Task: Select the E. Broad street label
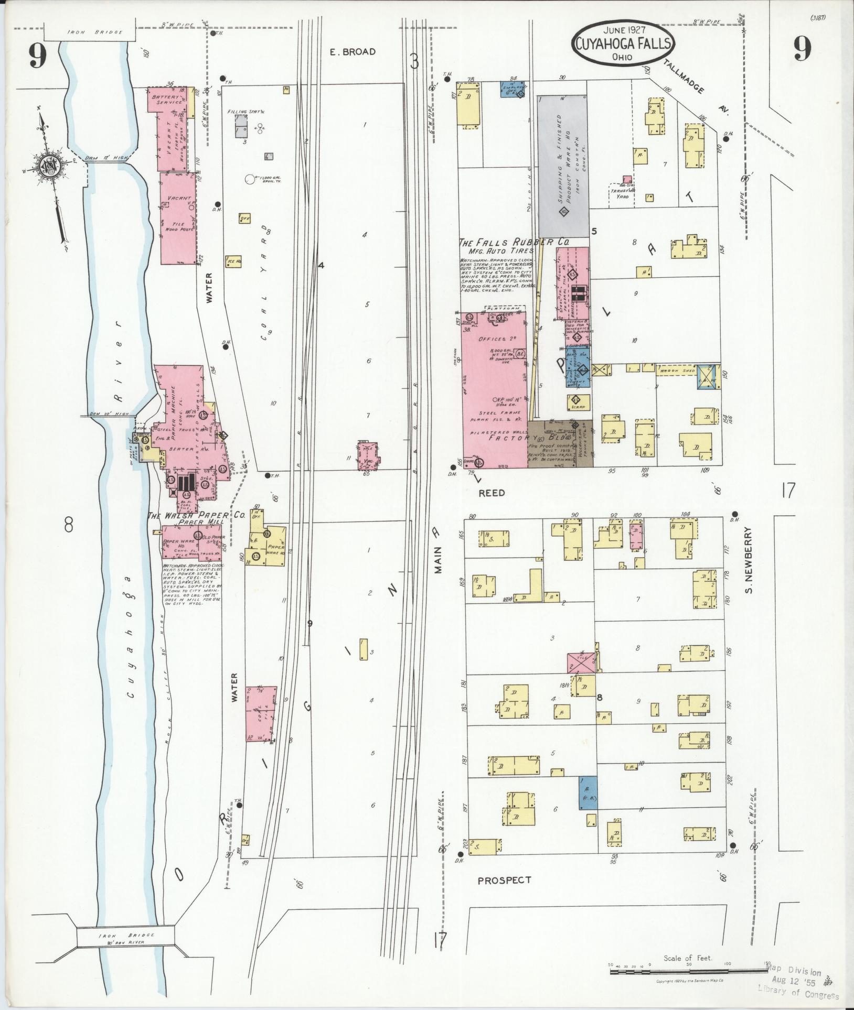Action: pos(353,51)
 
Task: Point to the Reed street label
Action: pos(492,493)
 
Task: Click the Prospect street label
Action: pos(504,880)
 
